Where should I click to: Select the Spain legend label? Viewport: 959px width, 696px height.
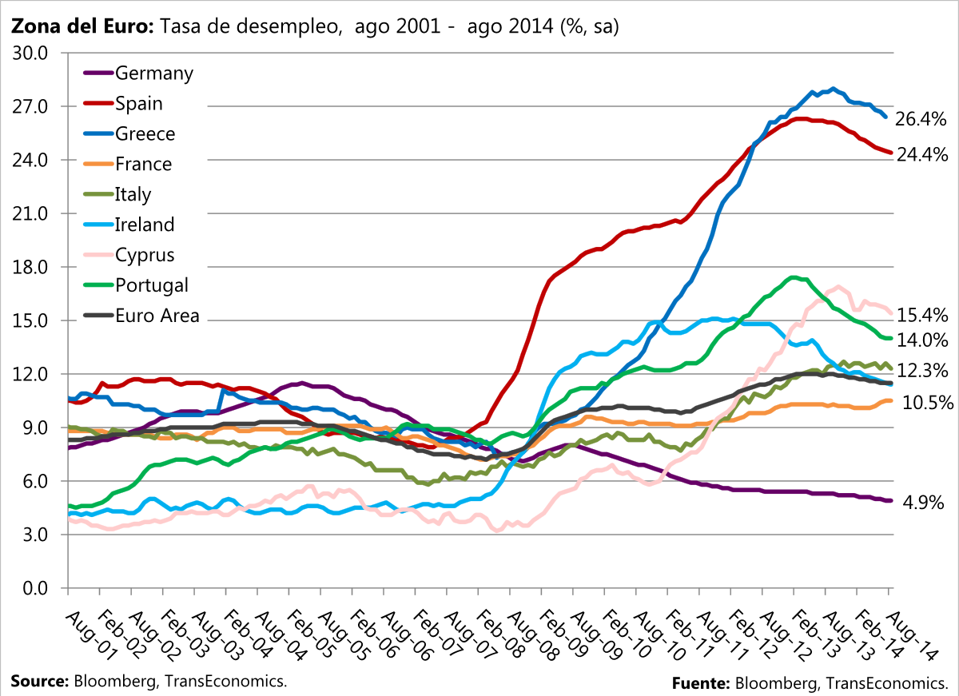click(139, 104)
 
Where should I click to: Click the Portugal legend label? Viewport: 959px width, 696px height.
click(152, 286)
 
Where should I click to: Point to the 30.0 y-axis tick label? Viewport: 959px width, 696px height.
click(30, 54)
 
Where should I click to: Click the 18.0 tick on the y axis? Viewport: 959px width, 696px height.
click(30, 267)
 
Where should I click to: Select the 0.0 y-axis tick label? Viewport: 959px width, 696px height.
click(35, 588)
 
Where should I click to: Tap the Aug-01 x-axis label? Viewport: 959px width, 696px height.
click(90, 635)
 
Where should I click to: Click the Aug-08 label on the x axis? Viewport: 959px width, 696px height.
click(533, 635)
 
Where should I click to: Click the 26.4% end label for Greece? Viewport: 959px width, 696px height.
click(921, 119)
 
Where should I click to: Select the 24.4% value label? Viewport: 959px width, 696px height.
click(922, 154)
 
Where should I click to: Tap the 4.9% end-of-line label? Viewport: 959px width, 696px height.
click(923, 503)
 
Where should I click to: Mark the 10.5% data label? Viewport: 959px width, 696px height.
click(928, 403)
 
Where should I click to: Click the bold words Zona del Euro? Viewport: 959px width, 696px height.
click(82, 26)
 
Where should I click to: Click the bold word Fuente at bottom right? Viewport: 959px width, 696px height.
click(701, 683)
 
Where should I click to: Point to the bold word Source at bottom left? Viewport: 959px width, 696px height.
click(40, 681)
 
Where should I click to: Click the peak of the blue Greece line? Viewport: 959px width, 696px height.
click(833, 89)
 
